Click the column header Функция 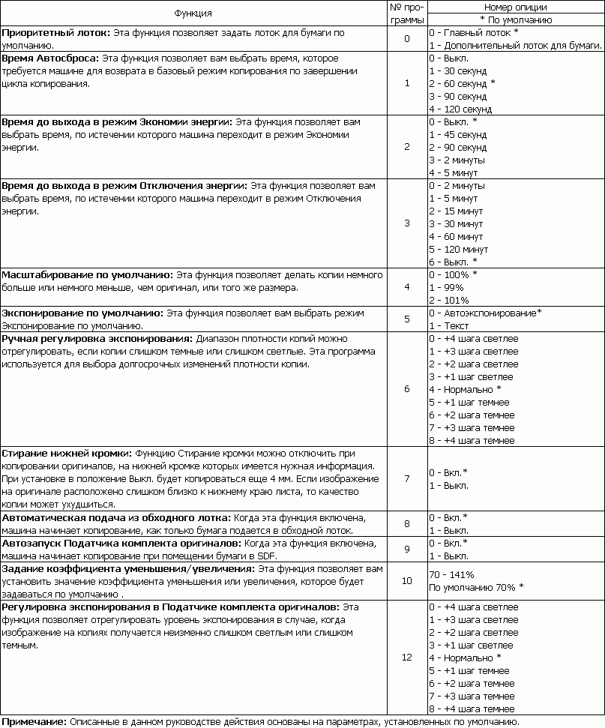click(x=193, y=13)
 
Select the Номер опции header click(x=515, y=7)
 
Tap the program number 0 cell click(x=406, y=39)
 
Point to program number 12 click(x=406, y=658)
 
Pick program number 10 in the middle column click(x=406, y=580)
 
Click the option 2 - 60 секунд click(x=462, y=83)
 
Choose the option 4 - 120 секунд click(x=460, y=109)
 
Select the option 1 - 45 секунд click(x=457, y=134)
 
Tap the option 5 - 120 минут click(x=460, y=249)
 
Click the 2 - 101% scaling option click(x=448, y=300)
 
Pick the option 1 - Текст click(x=448, y=325)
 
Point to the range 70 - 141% click(x=451, y=574)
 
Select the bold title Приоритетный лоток click(x=56, y=33)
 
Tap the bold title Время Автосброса click(x=50, y=58)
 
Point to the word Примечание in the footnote click(x=34, y=721)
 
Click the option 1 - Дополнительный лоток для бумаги click(x=515, y=45)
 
